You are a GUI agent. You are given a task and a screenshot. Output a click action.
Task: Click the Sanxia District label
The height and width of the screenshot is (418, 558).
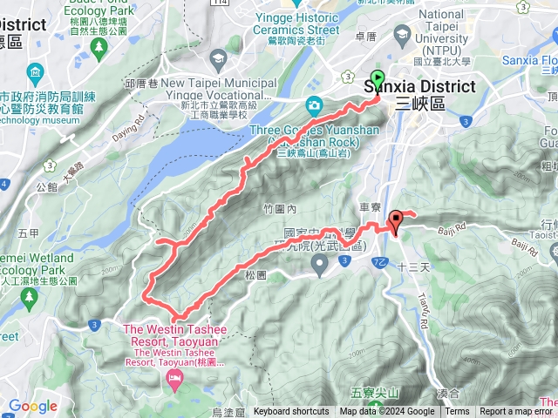[x=419, y=87]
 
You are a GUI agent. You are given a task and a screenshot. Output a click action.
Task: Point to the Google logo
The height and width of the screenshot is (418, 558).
[x=32, y=406]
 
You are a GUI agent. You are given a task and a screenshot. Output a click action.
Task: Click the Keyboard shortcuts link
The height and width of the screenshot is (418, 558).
[x=291, y=412]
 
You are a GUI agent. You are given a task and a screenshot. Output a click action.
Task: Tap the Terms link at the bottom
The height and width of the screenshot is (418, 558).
[x=457, y=412]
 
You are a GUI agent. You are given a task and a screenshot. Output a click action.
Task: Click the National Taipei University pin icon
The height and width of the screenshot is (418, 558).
[x=403, y=36]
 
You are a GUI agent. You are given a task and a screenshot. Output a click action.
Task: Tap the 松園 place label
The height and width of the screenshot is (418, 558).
[x=255, y=274]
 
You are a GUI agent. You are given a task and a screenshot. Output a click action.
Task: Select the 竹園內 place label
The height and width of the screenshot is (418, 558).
[x=280, y=209]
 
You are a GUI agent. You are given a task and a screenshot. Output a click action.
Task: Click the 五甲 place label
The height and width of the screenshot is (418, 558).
[x=28, y=233]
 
